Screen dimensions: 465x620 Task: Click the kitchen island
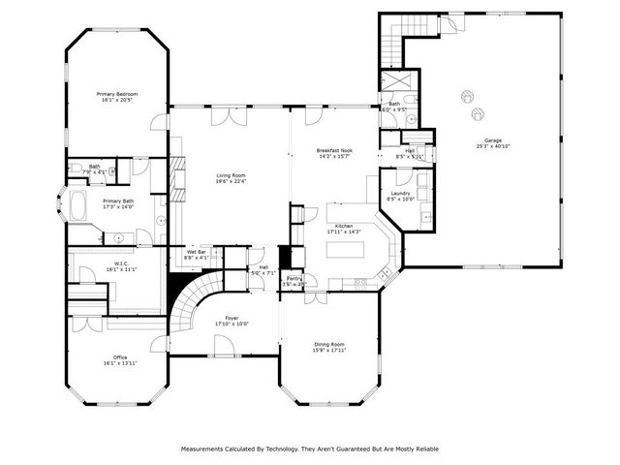[347, 249]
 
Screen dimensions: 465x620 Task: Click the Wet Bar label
[197, 252]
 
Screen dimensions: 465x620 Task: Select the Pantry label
[294, 279]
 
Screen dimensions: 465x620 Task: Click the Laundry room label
[401, 193]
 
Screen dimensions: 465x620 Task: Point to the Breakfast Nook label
[334, 151]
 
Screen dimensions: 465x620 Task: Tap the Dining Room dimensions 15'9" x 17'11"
[330, 351]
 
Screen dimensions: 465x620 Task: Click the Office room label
[120, 357]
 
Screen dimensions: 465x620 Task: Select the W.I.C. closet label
[121, 263]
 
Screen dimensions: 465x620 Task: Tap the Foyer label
[232, 318]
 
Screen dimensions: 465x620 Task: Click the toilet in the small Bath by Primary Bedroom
[75, 169]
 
